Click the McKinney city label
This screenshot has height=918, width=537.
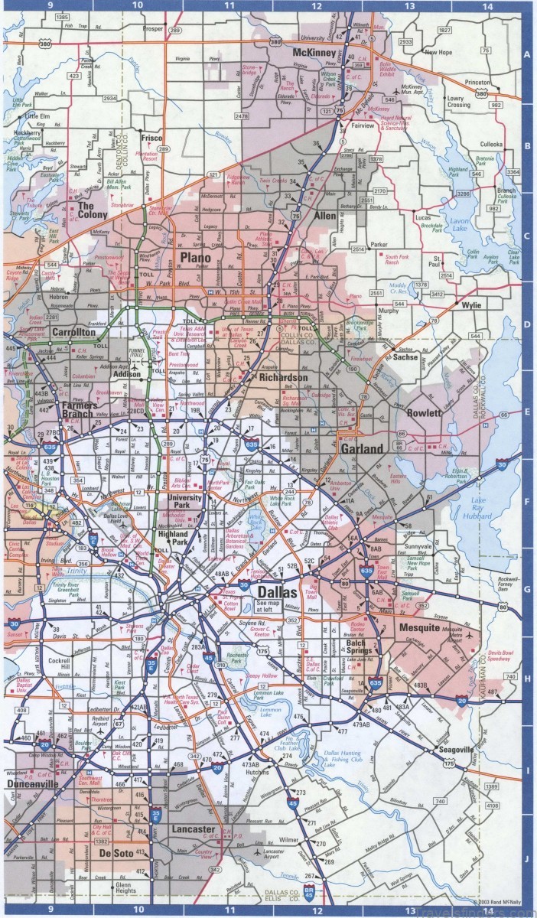[x=313, y=53]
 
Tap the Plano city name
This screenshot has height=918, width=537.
[x=195, y=257]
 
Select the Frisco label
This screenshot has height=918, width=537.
[x=151, y=138]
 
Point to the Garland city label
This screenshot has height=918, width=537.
[x=361, y=449]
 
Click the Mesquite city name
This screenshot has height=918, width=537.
[x=420, y=628]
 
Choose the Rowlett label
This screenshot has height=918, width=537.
[x=424, y=413]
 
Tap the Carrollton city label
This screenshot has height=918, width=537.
[x=74, y=332]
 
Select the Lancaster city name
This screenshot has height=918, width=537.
[x=194, y=829]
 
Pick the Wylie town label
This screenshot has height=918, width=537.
[x=471, y=304]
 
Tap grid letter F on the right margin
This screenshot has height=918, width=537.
[x=526, y=503]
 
